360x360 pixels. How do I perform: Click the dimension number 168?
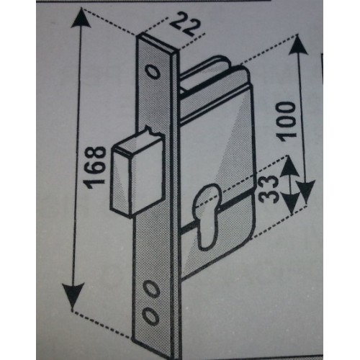[96, 167]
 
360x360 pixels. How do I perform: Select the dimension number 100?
[285, 122]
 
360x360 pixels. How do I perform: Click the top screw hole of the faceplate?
[153, 72]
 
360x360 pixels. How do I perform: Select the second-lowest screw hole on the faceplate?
[152, 289]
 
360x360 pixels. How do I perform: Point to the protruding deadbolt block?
[138, 174]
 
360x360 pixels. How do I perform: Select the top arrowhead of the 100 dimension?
[297, 45]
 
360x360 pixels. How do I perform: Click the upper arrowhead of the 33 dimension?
[289, 166]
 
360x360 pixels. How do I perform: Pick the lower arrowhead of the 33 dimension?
[291, 203]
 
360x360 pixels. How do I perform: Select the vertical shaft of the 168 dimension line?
[77, 156]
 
